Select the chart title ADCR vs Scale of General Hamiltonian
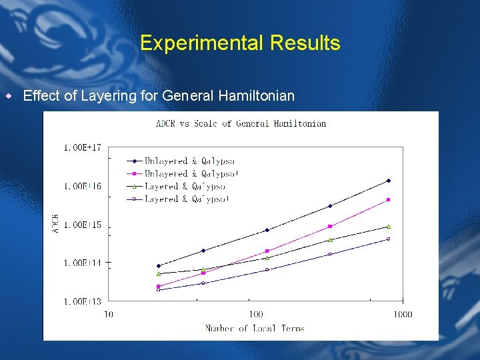pyautogui.click(x=241, y=123)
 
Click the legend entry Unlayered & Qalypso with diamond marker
pyautogui.click(x=181, y=161)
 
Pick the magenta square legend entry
pyautogui.click(x=182, y=173)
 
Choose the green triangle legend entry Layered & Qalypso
pyautogui.click(x=176, y=186)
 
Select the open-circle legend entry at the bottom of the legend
pyautogui.click(x=177, y=199)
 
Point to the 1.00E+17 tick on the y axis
pyautogui.click(x=83, y=147)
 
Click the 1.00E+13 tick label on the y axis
pyautogui.click(x=83, y=302)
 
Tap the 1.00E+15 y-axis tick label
pyautogui.click(x=83, y=225)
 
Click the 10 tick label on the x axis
pyautogui.click(x=108, y=314)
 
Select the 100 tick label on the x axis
pyautogui.click(x=256, y=314)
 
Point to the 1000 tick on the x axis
pyautogui.click(x=402, y=314)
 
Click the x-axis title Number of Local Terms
pyautogui.click(x=255, y=328)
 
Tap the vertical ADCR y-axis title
pyautogui.click(x=55, y=224)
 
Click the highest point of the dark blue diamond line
pyautogui.click(x=389, y=181)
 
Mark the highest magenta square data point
pyautogui.click(x=388, y=199)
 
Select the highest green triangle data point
pyautogui.click(x=388, y=227)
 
